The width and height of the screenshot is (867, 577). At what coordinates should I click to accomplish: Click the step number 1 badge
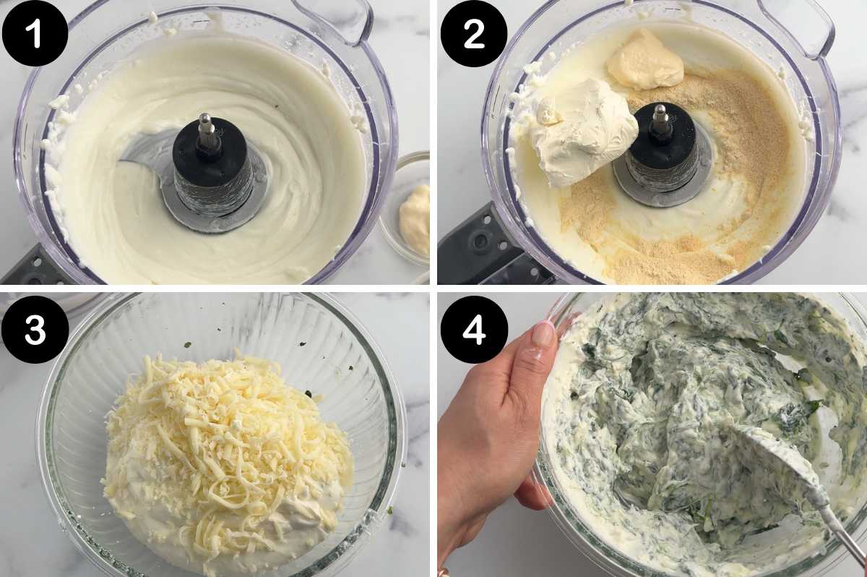[35, 34]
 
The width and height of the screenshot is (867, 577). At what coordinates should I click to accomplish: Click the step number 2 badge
[473, 34]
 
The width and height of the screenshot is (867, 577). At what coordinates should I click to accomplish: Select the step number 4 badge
[473, 329]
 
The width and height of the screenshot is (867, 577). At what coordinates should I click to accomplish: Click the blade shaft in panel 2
[660, 123]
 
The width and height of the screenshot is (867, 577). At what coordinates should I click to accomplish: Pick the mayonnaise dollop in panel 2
[644, 61]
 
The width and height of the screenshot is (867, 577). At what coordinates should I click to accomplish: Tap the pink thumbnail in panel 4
[543, 334]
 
